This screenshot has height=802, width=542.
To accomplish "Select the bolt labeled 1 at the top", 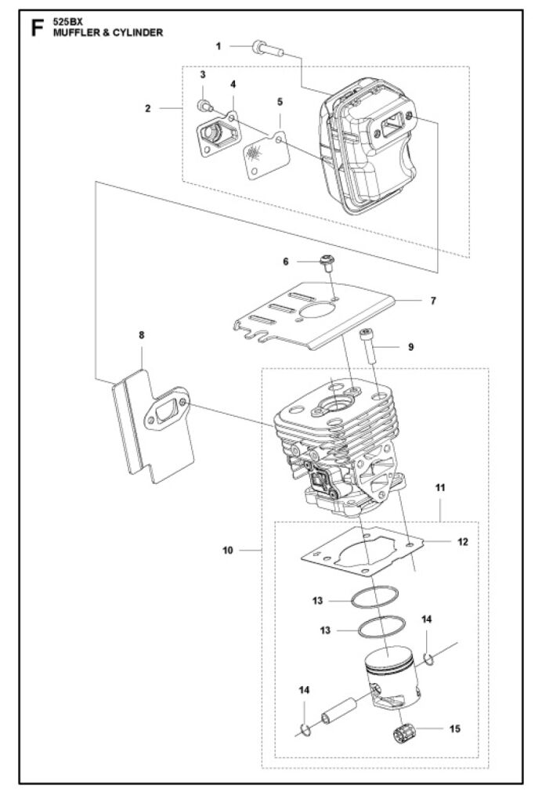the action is [x=267, y=49].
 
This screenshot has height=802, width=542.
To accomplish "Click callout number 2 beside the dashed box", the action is [x=148, y=108].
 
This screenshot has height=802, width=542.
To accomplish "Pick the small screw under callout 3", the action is [x=204, y=107].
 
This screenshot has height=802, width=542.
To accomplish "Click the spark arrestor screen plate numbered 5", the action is [x=264, y=156].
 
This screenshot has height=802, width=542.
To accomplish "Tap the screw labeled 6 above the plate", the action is [x=326, y=262].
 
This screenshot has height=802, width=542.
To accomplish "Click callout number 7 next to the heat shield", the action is [x=433, y=301].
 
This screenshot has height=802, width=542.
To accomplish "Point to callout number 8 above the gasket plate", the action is [x=142, y=335].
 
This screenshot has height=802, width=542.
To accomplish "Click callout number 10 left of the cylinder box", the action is [x=228, y=551].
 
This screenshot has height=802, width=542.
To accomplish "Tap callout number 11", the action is [x=440, y=487].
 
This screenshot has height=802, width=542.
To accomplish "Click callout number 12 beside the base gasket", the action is [x=463, y=542].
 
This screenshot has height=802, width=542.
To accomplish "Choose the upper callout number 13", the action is [x=317, y=600].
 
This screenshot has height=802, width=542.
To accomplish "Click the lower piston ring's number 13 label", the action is [x=325, y=630].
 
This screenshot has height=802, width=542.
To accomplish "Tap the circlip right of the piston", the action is [x=429, y=659].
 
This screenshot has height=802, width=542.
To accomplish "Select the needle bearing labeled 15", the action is [x=403, y=734].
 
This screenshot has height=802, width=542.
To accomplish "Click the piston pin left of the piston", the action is [x=338, y=710].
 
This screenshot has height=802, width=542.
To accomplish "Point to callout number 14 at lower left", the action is [x=304, y=690].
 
